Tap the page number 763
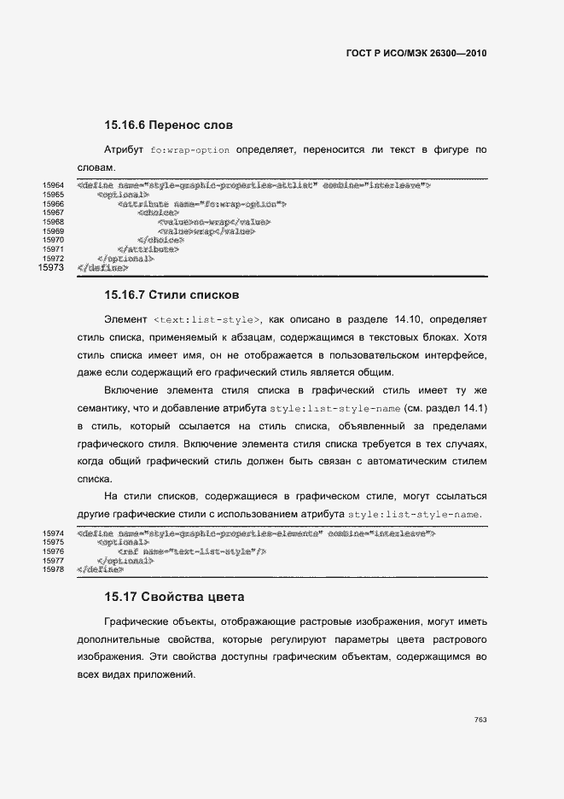480,720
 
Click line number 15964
54,185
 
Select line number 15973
52,268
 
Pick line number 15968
54,222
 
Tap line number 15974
54,533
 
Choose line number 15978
54,569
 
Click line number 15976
54,551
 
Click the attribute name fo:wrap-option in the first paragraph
189,150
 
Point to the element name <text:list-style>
207,320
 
